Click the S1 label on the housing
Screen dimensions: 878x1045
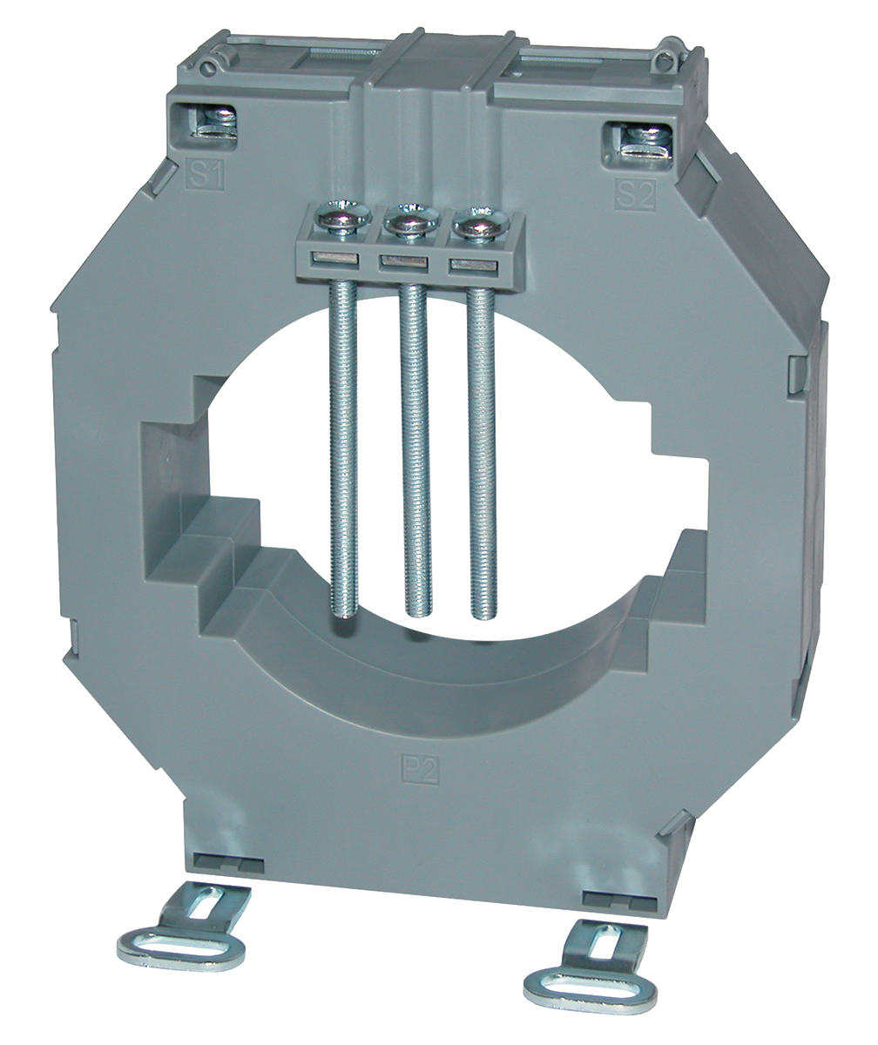point(206,174)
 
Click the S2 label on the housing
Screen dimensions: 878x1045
point(635,195)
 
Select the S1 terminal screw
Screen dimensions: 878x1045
point(220,122)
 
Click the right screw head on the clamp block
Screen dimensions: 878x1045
point(482,225)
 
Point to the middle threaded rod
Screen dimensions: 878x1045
point(415,450)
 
